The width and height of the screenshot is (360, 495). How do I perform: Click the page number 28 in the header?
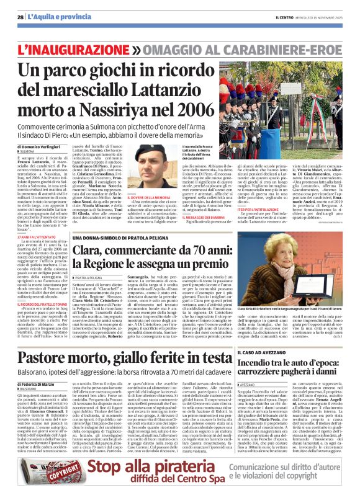click(20, 17)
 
